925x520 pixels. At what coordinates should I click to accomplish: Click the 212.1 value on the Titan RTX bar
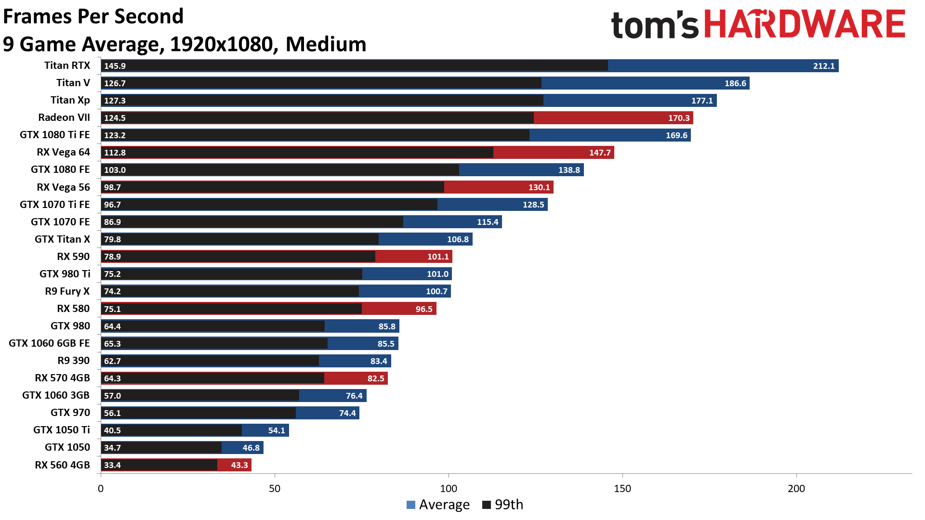click(823, 66)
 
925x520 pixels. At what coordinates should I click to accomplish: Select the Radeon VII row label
click(64, 117)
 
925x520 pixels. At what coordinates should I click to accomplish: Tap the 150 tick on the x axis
click(622, 489)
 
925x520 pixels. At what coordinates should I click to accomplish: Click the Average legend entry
click(438, 505)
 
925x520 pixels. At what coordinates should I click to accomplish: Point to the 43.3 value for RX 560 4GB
click(239, 465)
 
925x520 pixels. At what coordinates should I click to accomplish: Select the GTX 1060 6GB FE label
click(49, 343)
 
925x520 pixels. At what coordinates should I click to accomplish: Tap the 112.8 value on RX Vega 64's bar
click(115, 153)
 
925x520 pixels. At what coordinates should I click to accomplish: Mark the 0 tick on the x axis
click(101, 489)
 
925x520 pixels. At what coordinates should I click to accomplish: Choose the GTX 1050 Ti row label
click(62, 430)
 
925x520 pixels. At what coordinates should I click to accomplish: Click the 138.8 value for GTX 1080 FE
click(569, 170)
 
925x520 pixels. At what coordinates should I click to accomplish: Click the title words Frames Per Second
click(93, 16)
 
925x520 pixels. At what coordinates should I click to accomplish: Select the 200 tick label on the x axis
click(796, 489)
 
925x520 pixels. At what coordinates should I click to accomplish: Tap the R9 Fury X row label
click(67, 291)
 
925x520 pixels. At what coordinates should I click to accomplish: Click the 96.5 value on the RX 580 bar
click(424, 309)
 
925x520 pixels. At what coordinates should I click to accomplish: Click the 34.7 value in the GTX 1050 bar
click(112, 448)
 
